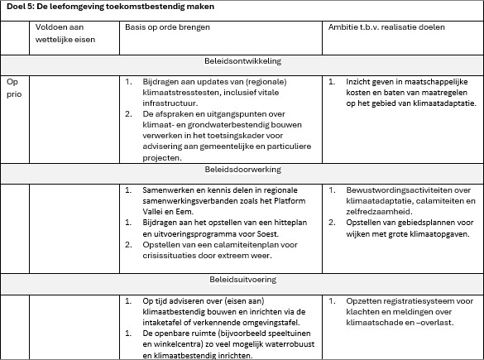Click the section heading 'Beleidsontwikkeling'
click(242, 61)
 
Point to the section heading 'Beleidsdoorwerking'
click(242, 169)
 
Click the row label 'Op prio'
click(12, 89)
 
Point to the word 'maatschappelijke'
click(432, 83)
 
